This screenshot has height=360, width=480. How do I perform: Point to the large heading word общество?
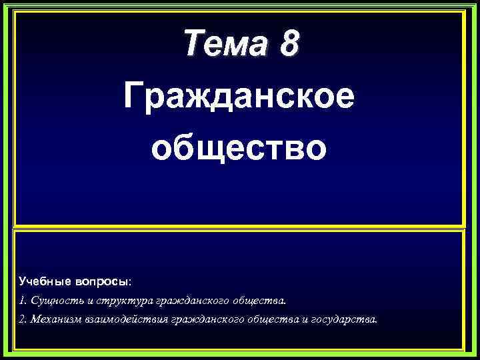(239, 147)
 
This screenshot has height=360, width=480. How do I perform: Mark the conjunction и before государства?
(297, 319)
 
